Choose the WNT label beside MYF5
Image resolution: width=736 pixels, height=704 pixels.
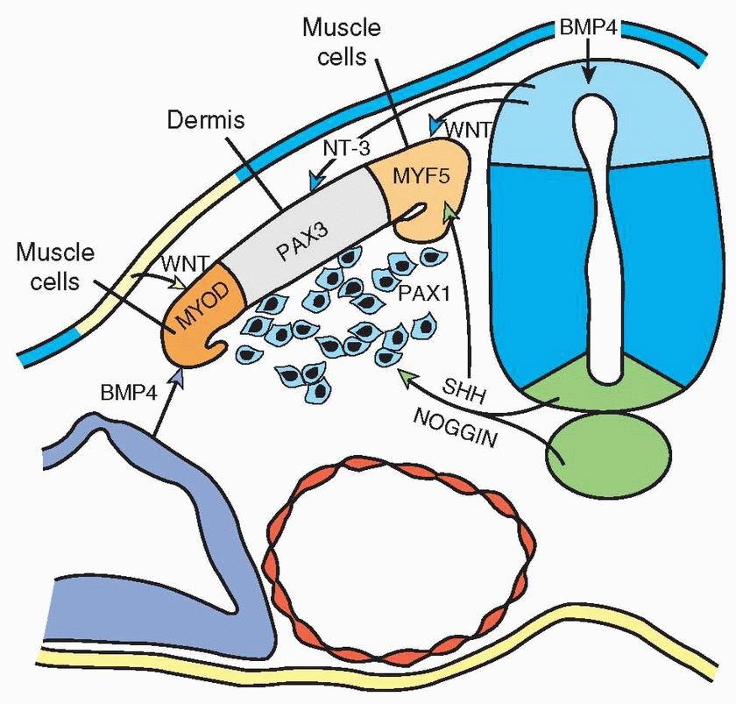tap(469, 128)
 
